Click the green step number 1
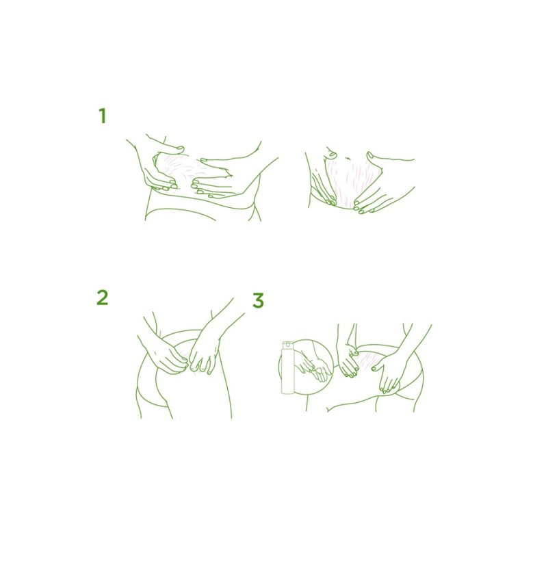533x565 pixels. point(103,116)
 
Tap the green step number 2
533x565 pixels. point(103,298)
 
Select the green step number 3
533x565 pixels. point(258,300)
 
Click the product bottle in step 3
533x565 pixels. point(287,367)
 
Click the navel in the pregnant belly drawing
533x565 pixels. point(348,158)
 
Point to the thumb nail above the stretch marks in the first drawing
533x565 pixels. point(179,148)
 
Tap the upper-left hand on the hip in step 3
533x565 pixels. point(348,360)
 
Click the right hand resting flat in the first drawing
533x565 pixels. point(213,180)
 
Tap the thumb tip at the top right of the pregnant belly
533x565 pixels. point(370,155)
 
